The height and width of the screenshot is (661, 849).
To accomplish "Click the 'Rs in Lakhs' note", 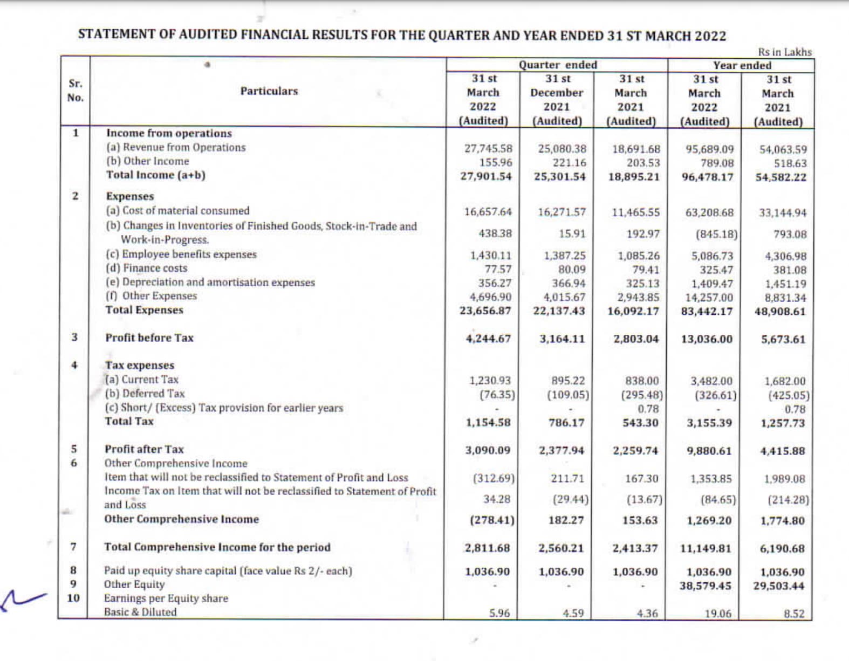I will [784, 52].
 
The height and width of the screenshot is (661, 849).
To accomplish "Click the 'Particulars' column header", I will [269, 91].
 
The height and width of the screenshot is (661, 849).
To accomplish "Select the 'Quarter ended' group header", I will [558, 65].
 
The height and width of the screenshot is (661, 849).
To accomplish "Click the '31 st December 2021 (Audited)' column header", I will [557, 100].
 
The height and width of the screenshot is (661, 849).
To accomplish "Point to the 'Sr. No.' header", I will [76, 91].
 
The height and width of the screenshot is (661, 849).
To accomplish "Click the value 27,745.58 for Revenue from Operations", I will [488, 149].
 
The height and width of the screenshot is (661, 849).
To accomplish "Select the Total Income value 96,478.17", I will [707, 177].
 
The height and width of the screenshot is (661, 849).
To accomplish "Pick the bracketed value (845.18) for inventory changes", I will [716, 235].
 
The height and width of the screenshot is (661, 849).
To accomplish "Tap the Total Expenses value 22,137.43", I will [559, 312].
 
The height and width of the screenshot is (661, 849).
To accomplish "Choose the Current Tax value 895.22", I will [567, 381].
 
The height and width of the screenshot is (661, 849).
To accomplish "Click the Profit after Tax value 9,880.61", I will [709, 451].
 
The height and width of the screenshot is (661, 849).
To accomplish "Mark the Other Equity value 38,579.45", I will [705, 586].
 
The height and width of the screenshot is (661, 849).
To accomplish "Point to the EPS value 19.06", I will [718, 614].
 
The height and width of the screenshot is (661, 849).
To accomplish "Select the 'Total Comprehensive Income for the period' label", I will [217, 547].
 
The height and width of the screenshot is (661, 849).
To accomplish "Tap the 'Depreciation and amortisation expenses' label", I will [218, 283].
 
